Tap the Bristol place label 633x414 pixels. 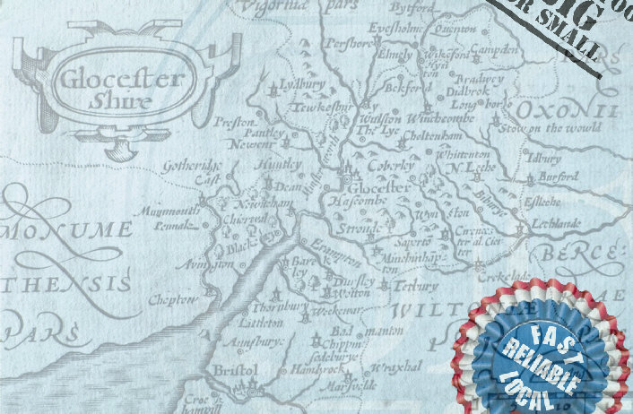pos(236,369)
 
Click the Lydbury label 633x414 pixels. pos(302,86)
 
